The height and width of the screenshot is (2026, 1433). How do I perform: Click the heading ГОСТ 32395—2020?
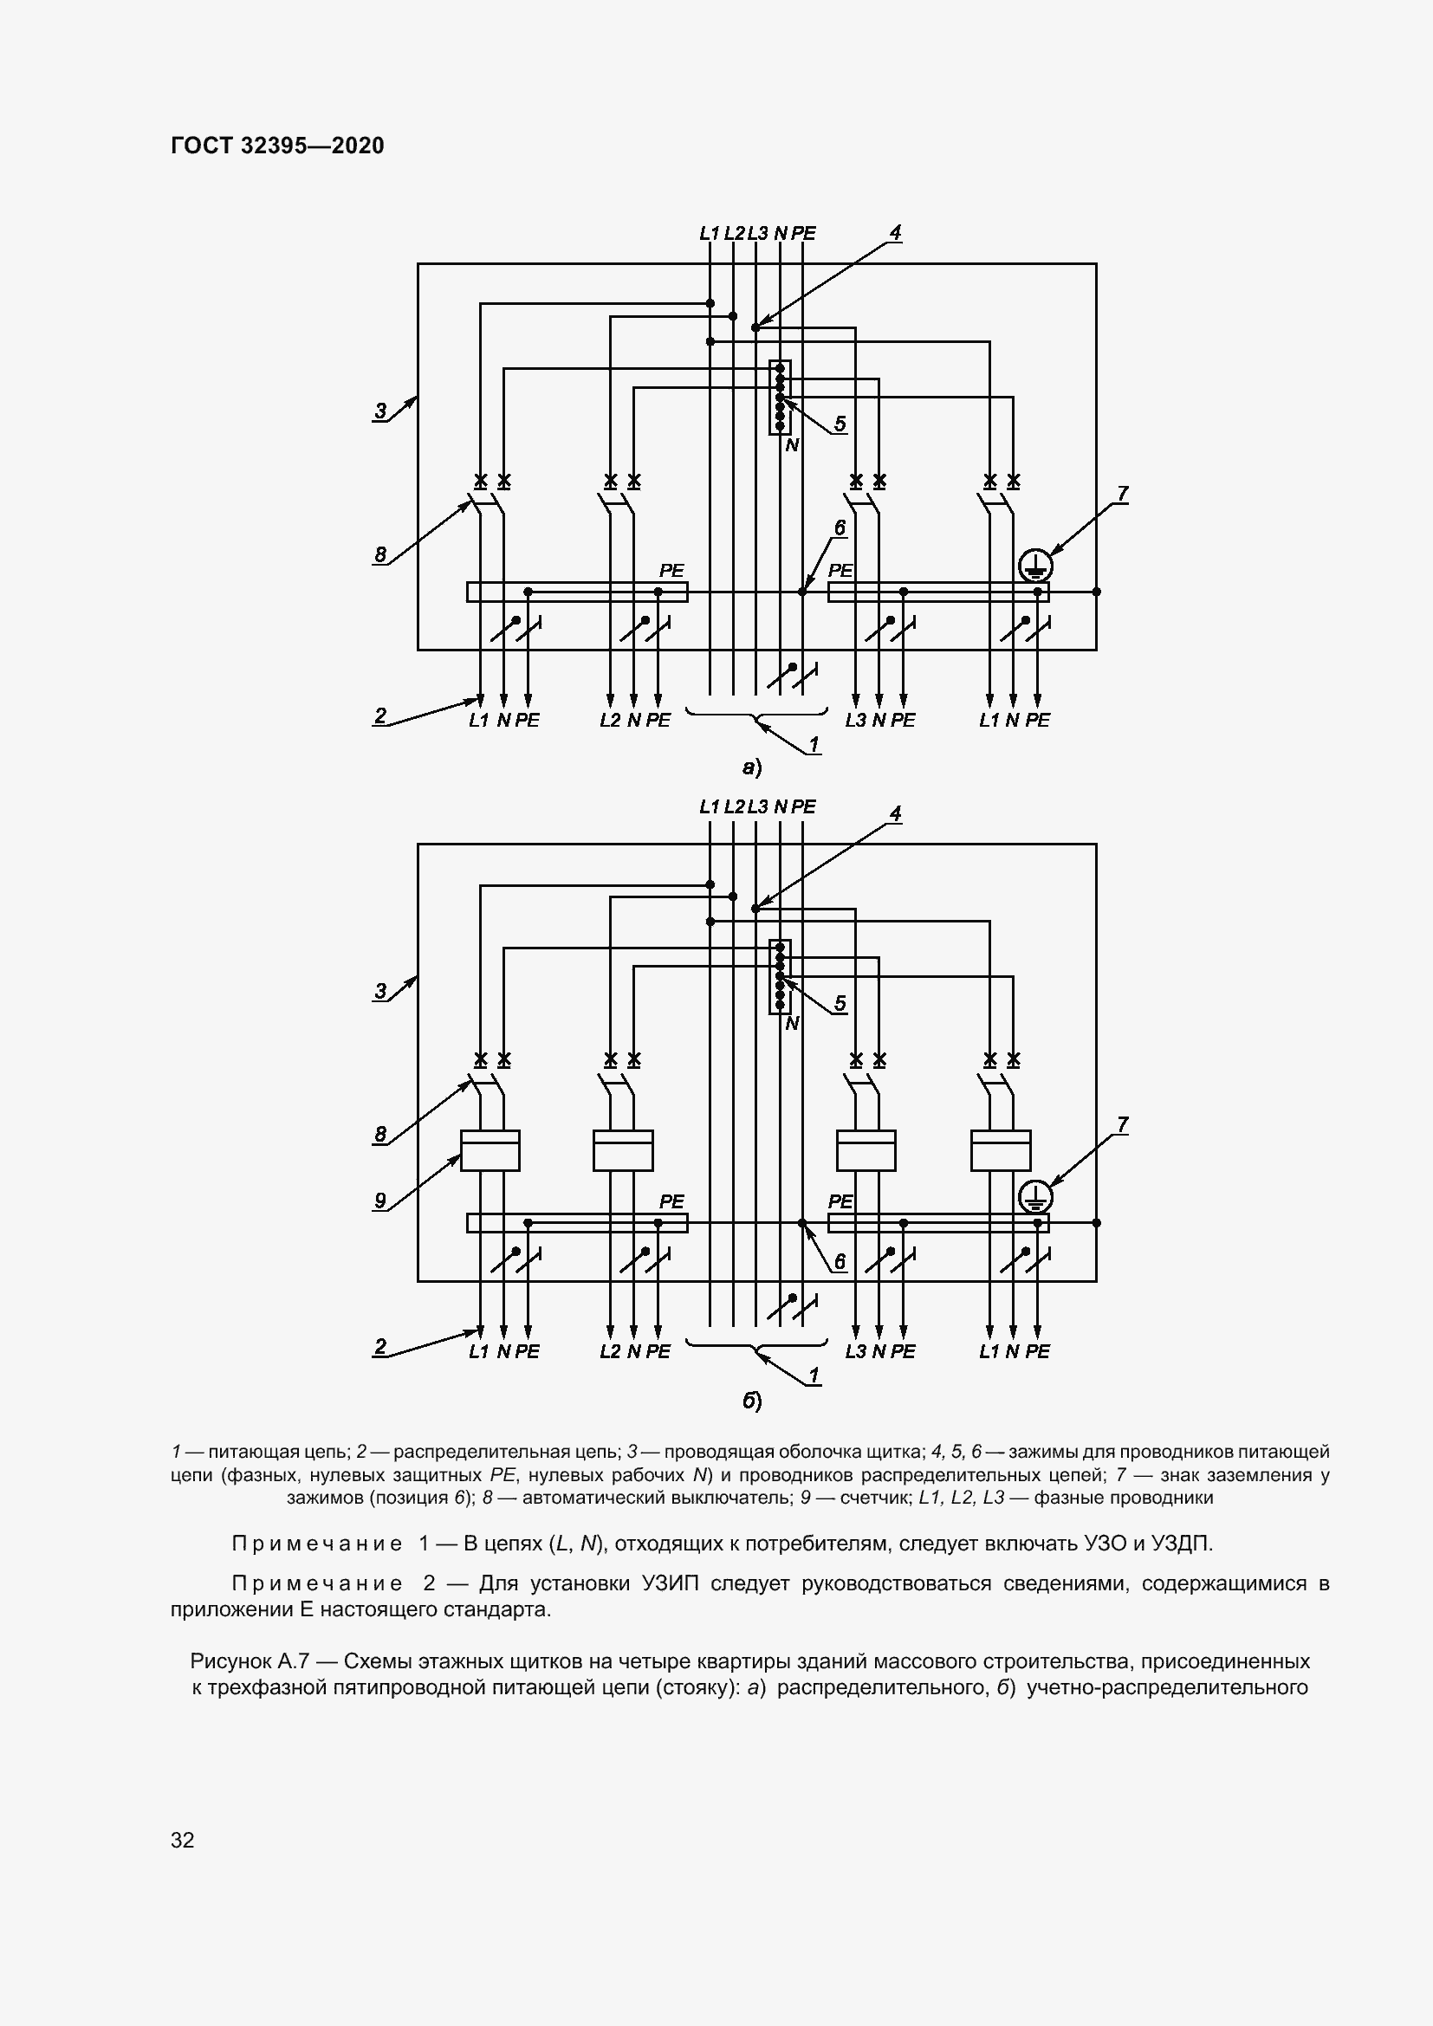pyautogui.click(x=277, y=146)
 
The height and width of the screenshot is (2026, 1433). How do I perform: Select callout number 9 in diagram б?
pyautogui.click(x=380, y=1200)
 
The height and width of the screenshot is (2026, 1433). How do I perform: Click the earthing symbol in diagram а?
pyautogui.click(x=1034, y=565)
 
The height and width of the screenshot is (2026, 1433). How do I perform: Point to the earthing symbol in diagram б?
pyautogui.click(x=1034, y=1197)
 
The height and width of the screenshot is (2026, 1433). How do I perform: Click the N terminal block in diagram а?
pyautogui.click(x=780, y=397)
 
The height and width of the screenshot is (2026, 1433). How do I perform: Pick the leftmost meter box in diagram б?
pyautogui.click(x=490, y=1150)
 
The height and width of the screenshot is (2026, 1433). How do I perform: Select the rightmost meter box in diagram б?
pyautogui.click(x=1001, y=1150)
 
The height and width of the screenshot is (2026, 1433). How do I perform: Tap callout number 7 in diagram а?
pyautogui.click(x=1121, y=494)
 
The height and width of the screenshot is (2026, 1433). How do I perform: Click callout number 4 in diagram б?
pyautogui.click(x=895, y=812)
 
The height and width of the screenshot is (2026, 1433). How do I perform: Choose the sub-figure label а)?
pyautogui.click(x=752, y=767)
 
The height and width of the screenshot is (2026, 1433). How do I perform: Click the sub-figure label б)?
pyautogui.click(x=752, y=1401)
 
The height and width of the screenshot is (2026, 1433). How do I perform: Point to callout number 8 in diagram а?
pyautogui.click(x=380, y=554)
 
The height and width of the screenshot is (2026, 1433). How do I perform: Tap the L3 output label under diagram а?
pyautogui.click(x=855, y=720)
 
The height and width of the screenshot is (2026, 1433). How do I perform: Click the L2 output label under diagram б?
pyautogui.click(x=610, y=1351)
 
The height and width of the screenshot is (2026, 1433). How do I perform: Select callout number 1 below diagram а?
pyautogui.click(x=814, y=745)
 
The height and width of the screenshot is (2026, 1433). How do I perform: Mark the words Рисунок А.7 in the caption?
pyautogui.click(x=249, y=1661)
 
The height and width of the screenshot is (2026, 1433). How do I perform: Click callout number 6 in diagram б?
pyautogui.click(x=840, y=1262)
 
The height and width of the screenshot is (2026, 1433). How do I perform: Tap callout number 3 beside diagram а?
pyautogui.click(x=380, y=411)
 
